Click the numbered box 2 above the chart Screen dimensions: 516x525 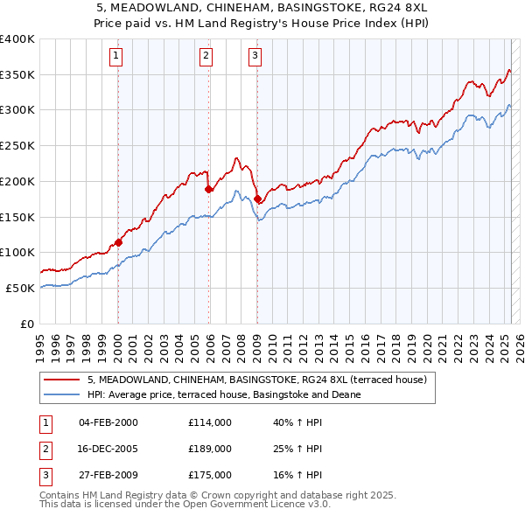click(206, 57)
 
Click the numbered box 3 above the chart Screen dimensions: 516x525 click(255, 57)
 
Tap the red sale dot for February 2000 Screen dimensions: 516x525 click(118, 243)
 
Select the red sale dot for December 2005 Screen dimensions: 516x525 click(209, 189)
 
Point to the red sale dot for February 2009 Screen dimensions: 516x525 click(257, 199)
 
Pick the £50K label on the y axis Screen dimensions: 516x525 click(21, 288)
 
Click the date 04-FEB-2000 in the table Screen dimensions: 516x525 click(108, 422)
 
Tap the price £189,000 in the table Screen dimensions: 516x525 click(210, 449)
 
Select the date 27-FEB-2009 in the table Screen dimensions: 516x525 click(108, 475)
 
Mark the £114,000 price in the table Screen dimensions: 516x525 click(210, 422)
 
